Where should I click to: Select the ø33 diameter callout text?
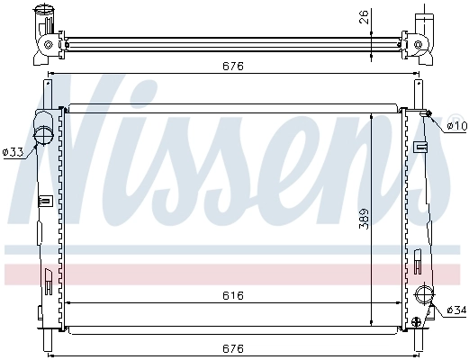pyautogui.click(x=13, y=152)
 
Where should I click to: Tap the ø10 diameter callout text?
pyautogui.click(x=456, y=124)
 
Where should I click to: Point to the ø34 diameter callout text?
pyautogui.click(x=456, y=310)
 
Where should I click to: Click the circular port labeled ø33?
pyautogui.click(x=42, y=136)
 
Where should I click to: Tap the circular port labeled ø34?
pyautogui.click(x=425, y=295)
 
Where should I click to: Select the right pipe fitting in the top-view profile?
pyautogui.click(x=425, y=32)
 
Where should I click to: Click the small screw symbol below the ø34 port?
pyautogui.click(x=416, y=319)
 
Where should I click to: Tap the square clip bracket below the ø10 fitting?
pyautogui.click(x=419, y=147)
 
